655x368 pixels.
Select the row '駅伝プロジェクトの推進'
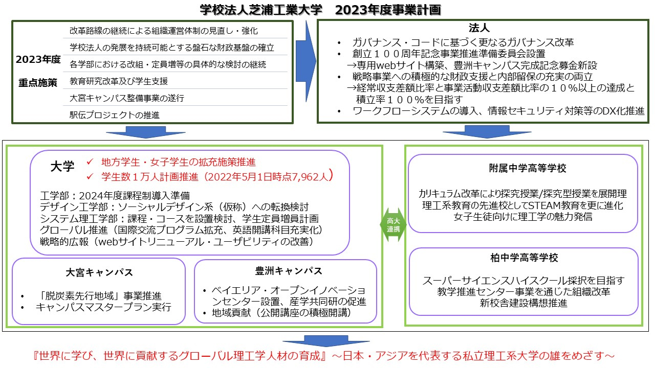[114, 114]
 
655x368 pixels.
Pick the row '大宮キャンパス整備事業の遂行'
[126, 98]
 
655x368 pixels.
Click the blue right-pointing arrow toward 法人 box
[305, 57]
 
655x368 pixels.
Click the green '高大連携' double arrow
[393, 225]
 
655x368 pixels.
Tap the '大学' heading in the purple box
[62, 166]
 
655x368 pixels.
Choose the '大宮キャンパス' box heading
[99, 273]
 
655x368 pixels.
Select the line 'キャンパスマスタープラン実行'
[103, 308]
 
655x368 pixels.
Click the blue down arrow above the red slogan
[312, 341]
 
